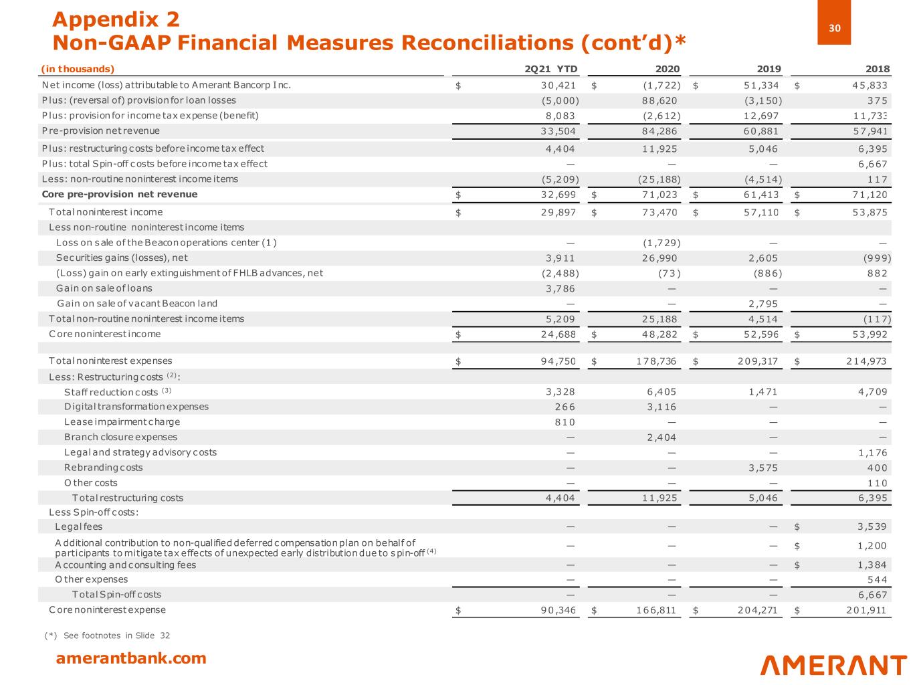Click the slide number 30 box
tap(833, 28)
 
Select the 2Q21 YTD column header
tap(551, 69)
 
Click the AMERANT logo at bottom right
tap(833, 665)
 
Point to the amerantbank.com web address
tap(131, 658)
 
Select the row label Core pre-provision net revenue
tap(120, 195)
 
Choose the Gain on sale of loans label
tap(104, 288)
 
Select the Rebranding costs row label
tap(104, 468)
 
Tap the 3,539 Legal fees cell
tap(872, 527)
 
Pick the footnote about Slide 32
tap(108, 635)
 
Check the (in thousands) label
tap(78, 69)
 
